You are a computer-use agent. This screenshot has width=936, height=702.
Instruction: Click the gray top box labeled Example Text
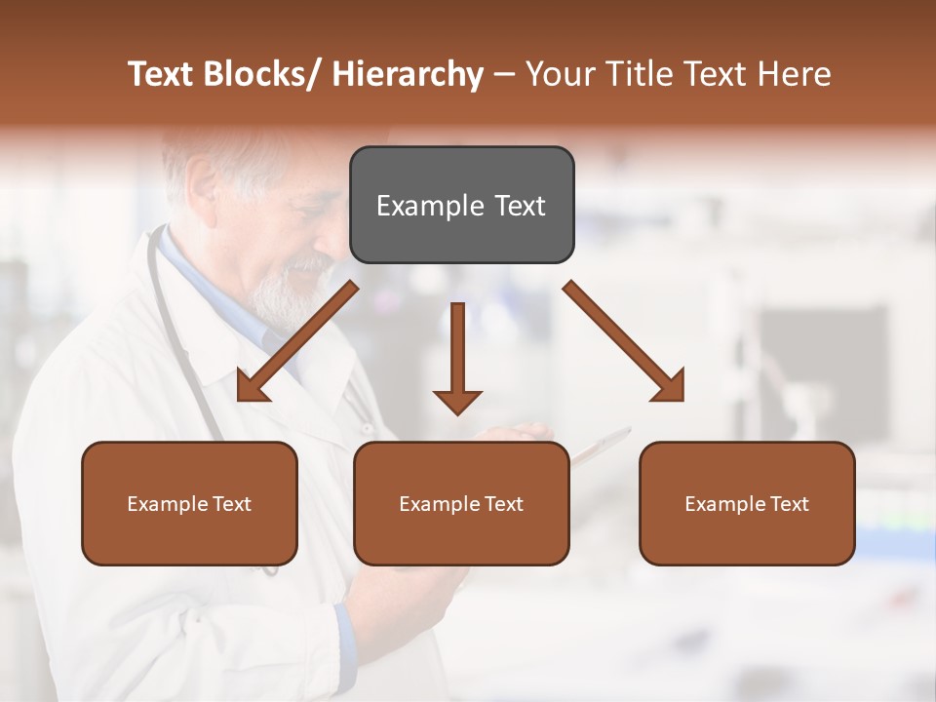pos(461,205)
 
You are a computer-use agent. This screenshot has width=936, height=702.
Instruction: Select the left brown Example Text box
pos(189,503)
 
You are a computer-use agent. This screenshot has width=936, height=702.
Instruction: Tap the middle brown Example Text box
pos(461,503)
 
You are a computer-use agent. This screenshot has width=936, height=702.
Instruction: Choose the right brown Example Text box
pos(747,503)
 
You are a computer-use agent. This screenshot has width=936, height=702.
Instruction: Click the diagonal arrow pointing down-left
pos(297,342)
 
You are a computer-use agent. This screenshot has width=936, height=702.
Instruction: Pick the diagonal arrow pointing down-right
pos(624,342)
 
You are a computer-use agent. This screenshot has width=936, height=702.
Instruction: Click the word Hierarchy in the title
pos(408,74)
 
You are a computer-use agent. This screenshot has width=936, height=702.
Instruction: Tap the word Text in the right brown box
pos(789,504)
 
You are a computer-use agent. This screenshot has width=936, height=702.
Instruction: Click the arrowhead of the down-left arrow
pos(251,389)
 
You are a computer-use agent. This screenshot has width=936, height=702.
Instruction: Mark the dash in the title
pos(504,74)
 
